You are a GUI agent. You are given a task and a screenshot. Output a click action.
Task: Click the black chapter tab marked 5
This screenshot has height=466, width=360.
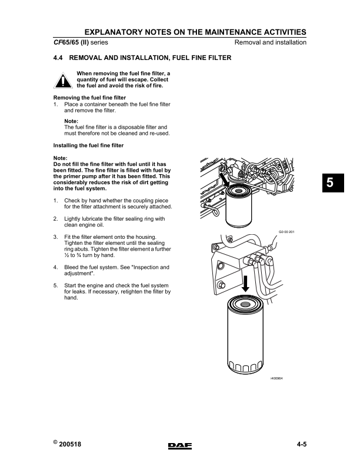[x=331, y=183]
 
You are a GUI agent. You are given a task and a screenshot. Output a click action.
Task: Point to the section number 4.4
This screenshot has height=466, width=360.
[x=59, y=58]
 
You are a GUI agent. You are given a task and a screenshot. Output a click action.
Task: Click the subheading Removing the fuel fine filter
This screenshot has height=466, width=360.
[x=89, y=97]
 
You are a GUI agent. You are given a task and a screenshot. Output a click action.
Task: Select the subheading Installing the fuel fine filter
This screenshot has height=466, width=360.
[x=88, y=145]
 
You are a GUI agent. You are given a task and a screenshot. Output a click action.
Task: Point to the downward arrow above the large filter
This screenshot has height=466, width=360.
[x=246, y=285]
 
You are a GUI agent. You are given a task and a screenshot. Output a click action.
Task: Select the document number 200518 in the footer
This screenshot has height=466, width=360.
[x=70, y=445]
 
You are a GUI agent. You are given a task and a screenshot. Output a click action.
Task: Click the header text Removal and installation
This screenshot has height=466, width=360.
[x=270, y=43]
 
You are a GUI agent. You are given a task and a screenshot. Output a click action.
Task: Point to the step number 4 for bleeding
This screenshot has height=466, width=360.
[x=55, y=267]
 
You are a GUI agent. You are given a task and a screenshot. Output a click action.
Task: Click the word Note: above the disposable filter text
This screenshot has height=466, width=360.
[x=71, y=121]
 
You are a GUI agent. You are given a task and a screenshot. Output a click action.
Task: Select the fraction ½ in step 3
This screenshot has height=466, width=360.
[x=66, y=256]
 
